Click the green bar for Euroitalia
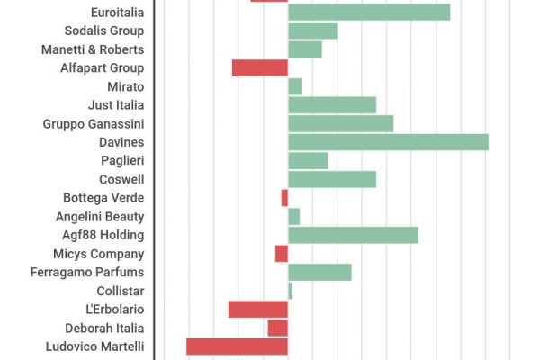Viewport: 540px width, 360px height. [369, 13]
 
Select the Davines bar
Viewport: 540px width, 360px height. [388, 142]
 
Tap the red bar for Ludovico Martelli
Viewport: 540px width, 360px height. [237, 346]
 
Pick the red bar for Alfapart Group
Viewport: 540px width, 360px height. [260, 68]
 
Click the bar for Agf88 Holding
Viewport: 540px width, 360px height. [353, 235]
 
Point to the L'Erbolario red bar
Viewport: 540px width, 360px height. [258, 310]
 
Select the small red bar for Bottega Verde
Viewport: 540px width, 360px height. [284, 198]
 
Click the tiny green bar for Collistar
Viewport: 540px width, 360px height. [290, 291]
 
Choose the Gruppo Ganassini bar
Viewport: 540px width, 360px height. [340, 123]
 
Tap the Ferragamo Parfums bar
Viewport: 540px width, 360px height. [319, 273]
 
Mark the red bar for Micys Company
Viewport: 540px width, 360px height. [282, 254]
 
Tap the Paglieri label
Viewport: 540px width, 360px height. [122, 161]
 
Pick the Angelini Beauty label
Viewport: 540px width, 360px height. [99, 217]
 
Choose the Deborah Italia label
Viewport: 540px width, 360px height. [104, 328]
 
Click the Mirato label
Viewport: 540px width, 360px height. [125, 86]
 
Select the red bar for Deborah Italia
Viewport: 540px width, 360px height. [277, 328]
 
